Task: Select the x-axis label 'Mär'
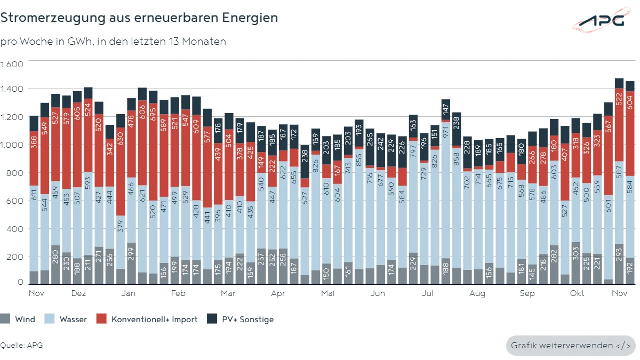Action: (228, 293)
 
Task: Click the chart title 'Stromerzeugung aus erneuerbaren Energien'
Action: (139, 18)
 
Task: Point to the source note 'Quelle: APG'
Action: (21, 345)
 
